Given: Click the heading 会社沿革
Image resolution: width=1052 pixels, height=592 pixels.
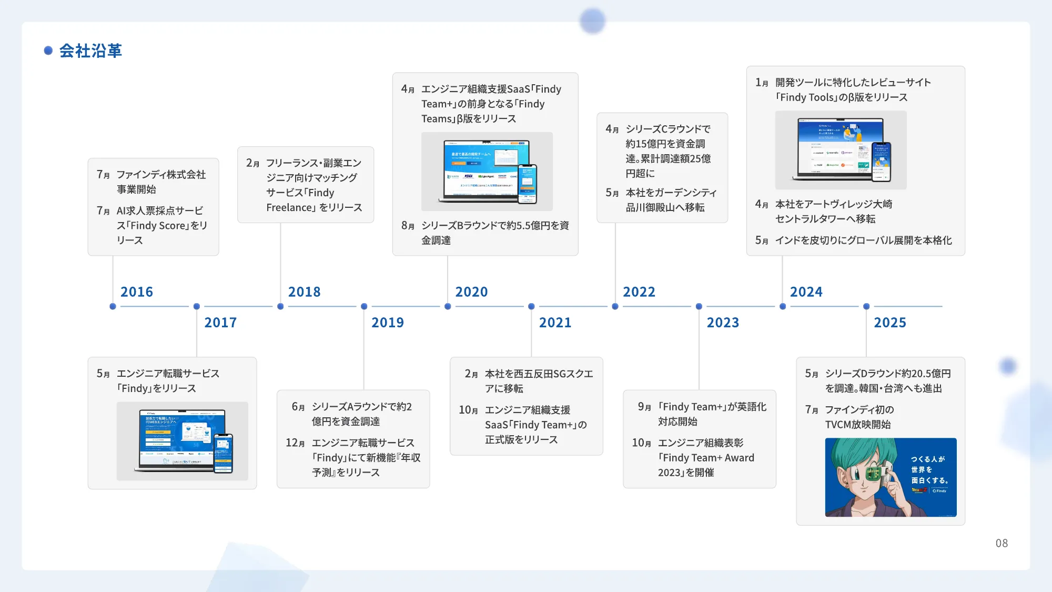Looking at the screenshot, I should (x=90, y=51).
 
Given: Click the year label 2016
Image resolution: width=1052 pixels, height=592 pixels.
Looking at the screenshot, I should (x=137, y=292).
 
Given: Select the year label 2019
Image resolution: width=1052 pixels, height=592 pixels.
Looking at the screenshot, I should (x=388, y=323).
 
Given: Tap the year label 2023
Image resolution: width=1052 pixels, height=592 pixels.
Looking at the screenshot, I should (x=723, y=323).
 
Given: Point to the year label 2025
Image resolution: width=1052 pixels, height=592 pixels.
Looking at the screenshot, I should (x=890, y=323).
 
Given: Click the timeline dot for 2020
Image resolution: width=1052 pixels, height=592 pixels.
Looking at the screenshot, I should (x=448, y=306).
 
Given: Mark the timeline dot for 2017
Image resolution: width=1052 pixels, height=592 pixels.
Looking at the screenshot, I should (x=197, y=306).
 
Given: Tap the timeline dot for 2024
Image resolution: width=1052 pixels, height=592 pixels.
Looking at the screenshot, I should (x=783, y=306).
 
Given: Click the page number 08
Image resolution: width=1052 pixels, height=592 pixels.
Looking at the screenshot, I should (x=1002, y=543).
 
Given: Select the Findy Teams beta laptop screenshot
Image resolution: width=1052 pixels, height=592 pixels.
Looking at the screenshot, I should (x=487, y=172).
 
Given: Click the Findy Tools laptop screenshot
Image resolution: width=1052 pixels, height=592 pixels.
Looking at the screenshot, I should (x=841, y=150).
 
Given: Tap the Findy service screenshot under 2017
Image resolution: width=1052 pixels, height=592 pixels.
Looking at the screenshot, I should (x=182, y=441).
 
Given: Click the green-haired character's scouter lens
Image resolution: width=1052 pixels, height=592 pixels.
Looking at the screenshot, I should (x=874, y=474).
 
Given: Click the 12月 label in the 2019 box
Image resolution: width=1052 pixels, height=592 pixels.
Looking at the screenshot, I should (x=295, y=443).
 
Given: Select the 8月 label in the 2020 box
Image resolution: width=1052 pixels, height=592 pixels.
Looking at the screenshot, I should (x=408, y=226).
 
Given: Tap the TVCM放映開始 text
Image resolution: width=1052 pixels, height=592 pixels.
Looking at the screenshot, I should (x=857, y=425).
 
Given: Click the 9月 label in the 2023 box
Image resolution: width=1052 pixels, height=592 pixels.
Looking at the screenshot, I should (x=644, y=407).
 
